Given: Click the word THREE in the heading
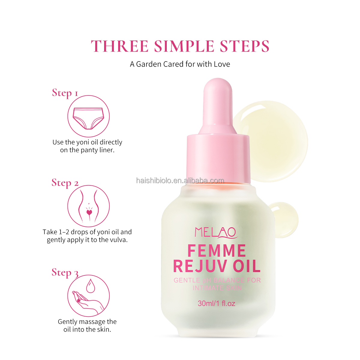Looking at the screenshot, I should pos(120,46).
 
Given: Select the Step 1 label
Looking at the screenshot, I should pos(65,93).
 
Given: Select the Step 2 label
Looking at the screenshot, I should pos(65,183).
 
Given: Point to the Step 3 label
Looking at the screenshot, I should pos(65,273).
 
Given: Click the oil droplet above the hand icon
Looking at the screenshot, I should pos(91,286).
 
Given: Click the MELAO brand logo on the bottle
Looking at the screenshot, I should pos(216,232).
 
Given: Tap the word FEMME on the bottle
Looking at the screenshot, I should pos(217,251).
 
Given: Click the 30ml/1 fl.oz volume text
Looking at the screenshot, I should pos(216,303).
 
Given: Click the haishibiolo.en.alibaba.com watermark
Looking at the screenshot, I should pos(180,181).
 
